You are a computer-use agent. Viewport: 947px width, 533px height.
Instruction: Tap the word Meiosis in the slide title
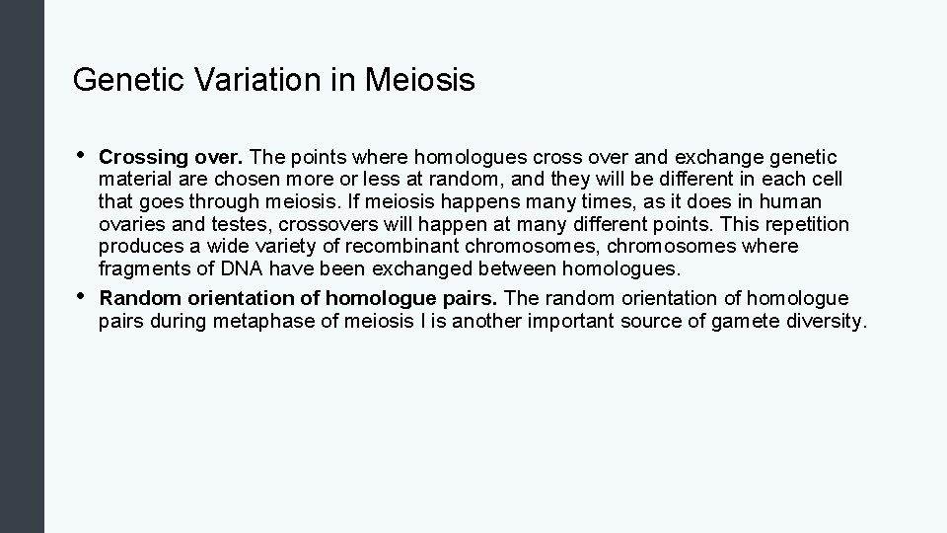point(419,80)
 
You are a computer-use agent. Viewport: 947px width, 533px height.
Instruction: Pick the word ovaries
point(131,224)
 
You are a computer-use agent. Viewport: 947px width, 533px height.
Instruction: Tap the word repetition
point(800,224)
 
